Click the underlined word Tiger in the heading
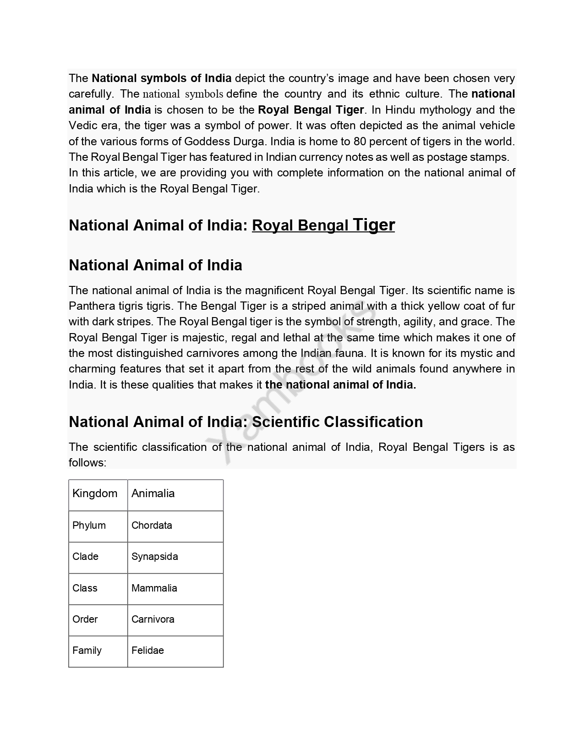coord(374,225)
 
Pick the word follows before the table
coord(87,463)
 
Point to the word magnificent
coord(274,290)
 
